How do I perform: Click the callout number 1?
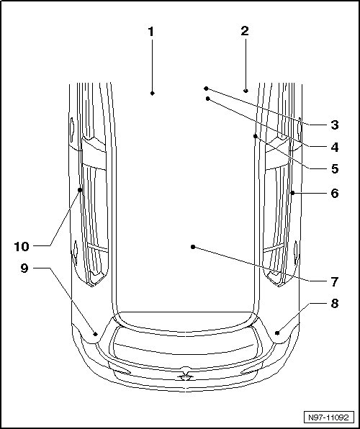[151, 32]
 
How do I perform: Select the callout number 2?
[245, 31]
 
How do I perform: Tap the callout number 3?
[335, 125]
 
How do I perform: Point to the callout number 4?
[335, 147]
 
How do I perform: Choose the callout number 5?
[335, 168]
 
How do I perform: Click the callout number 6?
[335, 193]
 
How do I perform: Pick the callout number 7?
[335, 281]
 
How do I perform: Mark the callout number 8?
[335, 304]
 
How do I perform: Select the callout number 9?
[24, 268]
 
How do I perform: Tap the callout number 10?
[22, 246]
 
